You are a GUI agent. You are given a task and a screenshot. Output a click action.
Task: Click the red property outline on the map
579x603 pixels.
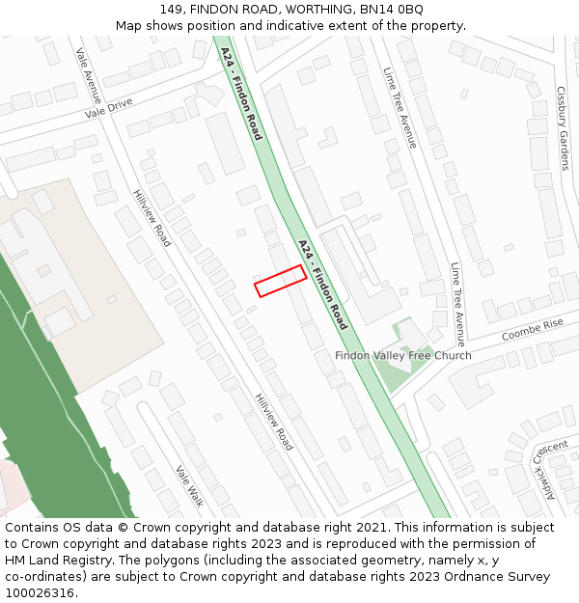[280, 281]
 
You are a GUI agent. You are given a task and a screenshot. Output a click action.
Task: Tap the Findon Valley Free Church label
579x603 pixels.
[403, 356]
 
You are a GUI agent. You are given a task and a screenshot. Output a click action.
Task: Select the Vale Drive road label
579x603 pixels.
[108, 108]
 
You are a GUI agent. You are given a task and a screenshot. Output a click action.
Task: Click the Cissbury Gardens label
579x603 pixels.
[563, 127]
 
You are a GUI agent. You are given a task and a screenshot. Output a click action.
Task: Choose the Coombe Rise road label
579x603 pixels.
[532, 330]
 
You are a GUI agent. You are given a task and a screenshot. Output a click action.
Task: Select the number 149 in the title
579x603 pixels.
[172, 10]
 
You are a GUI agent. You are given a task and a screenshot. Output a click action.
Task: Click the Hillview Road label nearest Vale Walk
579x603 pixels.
[273, 422]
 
